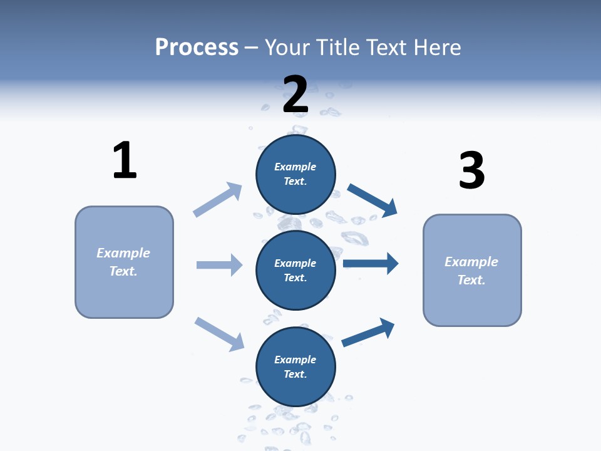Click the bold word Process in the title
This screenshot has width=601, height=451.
coord(197,48)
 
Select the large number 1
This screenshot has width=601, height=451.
coord(125,160)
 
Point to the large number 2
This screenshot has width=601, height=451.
coord(295,95)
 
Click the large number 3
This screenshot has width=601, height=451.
coord(471,171)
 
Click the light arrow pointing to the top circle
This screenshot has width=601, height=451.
coord(217,200)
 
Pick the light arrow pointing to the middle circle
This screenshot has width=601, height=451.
coord(219,265)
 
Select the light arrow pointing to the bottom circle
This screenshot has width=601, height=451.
coord(219,334)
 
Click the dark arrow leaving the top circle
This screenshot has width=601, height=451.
coord(372,200)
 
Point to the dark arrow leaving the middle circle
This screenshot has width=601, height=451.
coord(371,263)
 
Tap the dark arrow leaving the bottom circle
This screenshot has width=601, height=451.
coord(368,332)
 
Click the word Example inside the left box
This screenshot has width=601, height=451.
coord(123,253)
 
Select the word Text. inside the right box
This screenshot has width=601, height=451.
coord(471,280)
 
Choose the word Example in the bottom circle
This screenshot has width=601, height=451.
coord(295,360)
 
